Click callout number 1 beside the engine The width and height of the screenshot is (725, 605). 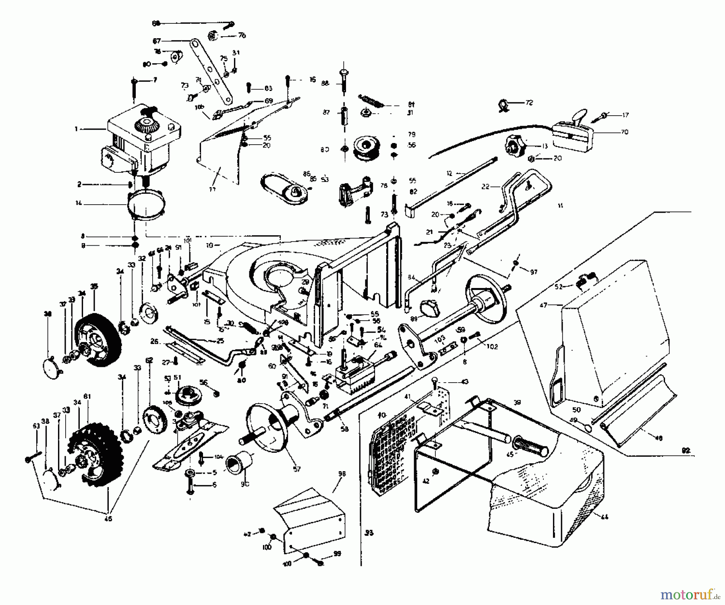point(76,129)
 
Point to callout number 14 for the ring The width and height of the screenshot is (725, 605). point(78,203)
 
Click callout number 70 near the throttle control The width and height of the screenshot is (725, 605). point(624,132)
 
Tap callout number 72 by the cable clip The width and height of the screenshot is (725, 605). point(529,103)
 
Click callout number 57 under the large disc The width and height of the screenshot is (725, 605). point(297,469)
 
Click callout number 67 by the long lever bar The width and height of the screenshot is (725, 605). point(157,41)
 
